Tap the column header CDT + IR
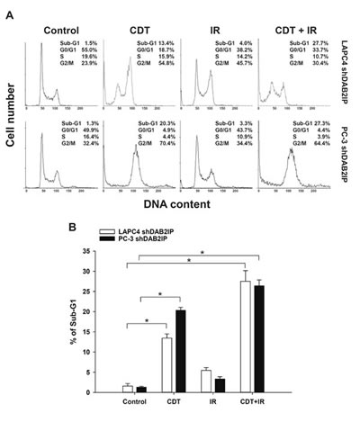(x=292, y=14)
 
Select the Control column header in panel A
(x=63, y=14)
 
